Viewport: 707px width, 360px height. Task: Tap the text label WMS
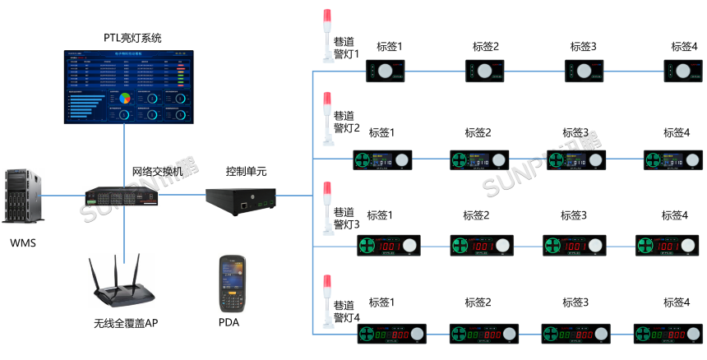23,243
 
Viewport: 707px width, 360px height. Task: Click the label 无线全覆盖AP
125,323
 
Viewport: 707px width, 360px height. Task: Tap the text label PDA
229,323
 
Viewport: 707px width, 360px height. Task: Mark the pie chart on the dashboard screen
125,99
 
